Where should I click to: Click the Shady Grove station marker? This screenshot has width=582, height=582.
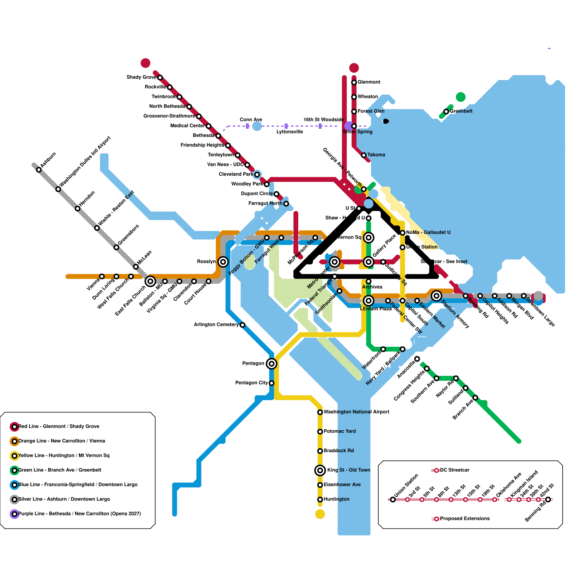(x=160, y=77)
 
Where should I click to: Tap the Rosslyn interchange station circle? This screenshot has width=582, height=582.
(x=223, y=262)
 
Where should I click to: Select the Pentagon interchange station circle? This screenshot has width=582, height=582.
(x=271, y=363)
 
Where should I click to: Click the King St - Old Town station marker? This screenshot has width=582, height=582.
(x=320, y=470)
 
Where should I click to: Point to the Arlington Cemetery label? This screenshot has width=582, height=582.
(x=216, y=324)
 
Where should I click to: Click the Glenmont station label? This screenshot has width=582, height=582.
(x=369, y=82)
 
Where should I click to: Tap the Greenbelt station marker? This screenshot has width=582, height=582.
(x=446, y=111)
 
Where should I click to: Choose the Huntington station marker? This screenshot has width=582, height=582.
(x=320, y=499)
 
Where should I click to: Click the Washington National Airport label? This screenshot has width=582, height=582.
(x=356, y=412)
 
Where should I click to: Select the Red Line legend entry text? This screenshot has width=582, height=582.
(x=59, y=426)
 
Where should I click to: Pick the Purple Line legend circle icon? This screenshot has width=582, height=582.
(x=15, y=514)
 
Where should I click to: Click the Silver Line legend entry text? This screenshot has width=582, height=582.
(x=64, y=499)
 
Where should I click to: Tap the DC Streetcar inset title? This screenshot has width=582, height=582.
(x=455, y=470)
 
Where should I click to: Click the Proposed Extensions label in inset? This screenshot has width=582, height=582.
(x=465, y=518)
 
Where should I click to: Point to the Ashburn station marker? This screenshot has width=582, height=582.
(x=39, y=170)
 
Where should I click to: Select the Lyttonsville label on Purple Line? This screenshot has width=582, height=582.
(x=290, y=132)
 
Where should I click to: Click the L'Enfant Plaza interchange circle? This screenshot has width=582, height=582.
(x=368, y=300)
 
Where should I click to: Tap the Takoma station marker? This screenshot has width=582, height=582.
(x=364, y=155)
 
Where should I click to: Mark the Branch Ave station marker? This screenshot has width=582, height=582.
(x=475, y=398)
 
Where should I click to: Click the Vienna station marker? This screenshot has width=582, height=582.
(x=102, y=276)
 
